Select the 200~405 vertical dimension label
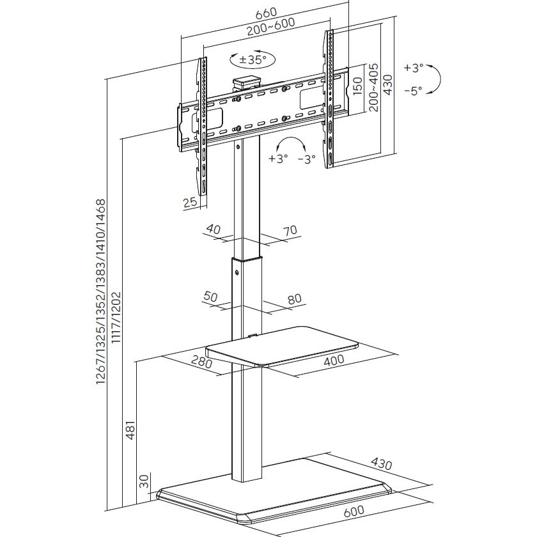tap(373, 86)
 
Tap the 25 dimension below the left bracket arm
tap(190, 203)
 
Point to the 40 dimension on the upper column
tap(213, 228)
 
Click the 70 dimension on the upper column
tap(291, 230)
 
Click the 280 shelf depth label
tap(201, 362)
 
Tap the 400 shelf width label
tap(333, 360)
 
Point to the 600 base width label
tap(353, 511)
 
